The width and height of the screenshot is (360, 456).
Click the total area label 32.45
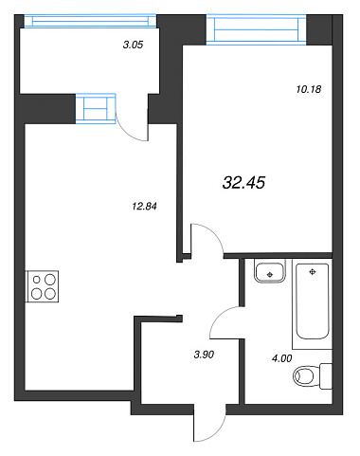(x=243, y=183)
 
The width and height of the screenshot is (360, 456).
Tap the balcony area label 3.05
(x=133, y=45)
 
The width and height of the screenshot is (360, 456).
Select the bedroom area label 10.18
(x=309, y=89)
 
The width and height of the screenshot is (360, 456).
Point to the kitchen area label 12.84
(x=144, y=207)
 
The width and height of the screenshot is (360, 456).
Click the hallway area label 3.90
(x=204, y=355)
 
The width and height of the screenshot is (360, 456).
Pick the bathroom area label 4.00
(x=281, y=358)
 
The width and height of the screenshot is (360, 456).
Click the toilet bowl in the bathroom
(x=303, y=376)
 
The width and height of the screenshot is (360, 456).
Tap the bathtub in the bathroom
(x=313, y=301)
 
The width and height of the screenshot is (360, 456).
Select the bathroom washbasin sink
(x=270, y=271)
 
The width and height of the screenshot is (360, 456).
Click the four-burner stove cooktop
(x=42, y=286)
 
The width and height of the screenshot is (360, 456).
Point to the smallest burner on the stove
(x=37, y=280)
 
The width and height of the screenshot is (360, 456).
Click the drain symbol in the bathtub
(x=313, y=272)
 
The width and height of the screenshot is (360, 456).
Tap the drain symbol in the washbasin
(x=270, y=275)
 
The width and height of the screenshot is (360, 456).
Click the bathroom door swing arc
(x=221, y=315)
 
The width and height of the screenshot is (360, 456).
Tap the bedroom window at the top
(x=256, y=29)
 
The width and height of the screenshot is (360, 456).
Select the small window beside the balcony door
(x=96, y=108)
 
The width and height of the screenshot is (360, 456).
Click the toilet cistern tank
(x=326, y=376)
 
